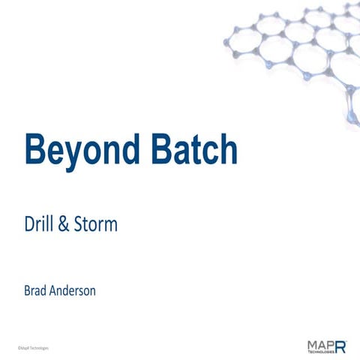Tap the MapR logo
point(327,346)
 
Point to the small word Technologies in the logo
point(319,352)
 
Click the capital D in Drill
point(29,223)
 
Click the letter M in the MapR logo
point(313,343)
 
